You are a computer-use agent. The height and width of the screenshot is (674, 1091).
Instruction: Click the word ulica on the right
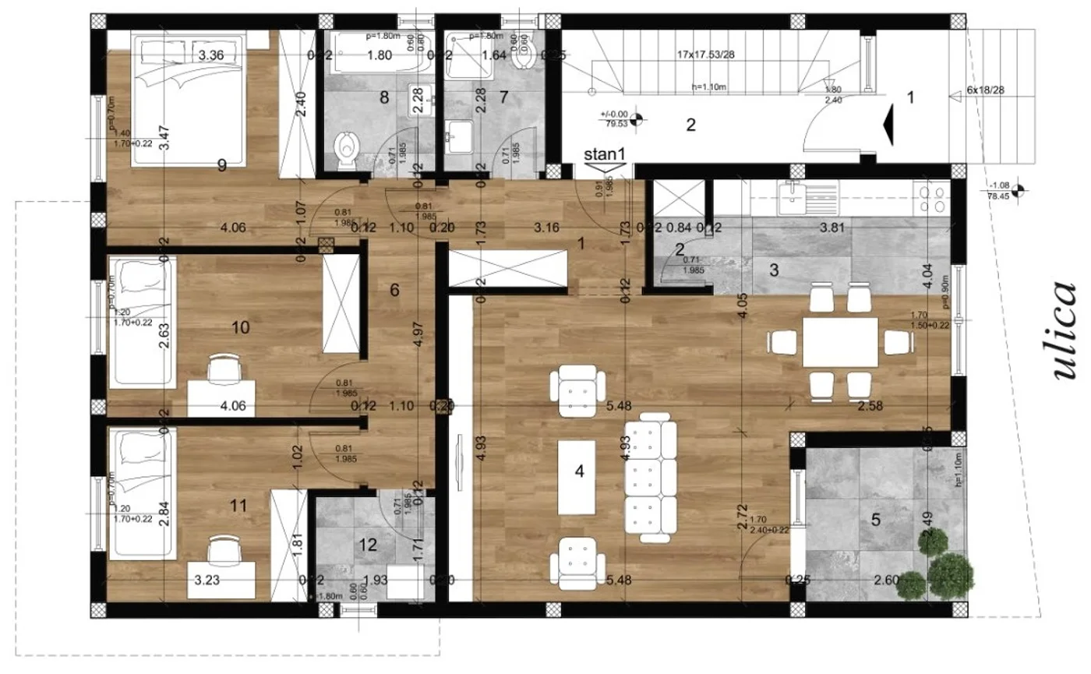pyautogui.click(x=1065, y=330)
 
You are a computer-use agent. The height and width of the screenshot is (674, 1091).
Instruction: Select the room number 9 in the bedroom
pyautogui.click(x=222, y=164)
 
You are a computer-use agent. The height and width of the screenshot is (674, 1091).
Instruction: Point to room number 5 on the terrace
pyautogui.click(x=875, y=520)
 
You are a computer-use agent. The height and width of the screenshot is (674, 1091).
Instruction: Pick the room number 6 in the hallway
pyautogui.click(x=394, y=290)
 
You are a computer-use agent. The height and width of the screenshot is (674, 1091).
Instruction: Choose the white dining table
pyautogui.click(x=841, y=341)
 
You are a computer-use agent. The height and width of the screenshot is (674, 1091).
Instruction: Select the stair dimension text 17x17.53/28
pyautogui.click(x=707, y=55)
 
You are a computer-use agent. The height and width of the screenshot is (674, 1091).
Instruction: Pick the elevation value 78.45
pyautogui.click(x=995, y=197)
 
